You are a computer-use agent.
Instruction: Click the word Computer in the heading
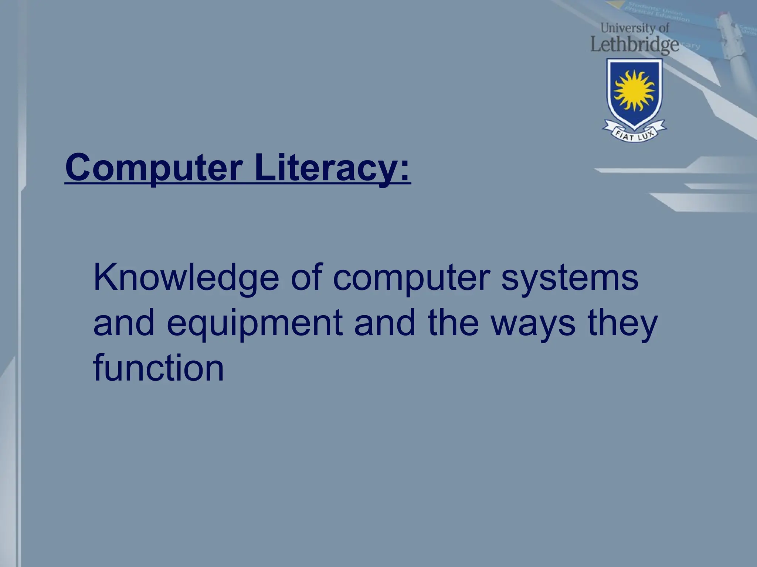click(154, 168)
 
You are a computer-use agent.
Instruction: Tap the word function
click(159, 368)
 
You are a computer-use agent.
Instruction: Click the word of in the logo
click(664, 28)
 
